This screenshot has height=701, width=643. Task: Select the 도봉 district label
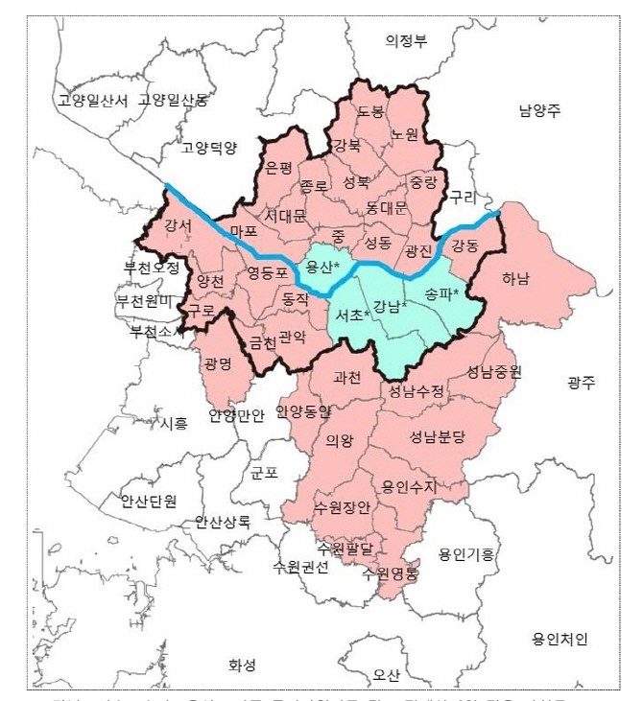[x=370, y=112]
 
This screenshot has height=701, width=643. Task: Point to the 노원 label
[x=404, y=135]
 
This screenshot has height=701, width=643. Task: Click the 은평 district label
[x=278, y=168]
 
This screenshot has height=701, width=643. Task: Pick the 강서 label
[x=178, y=226]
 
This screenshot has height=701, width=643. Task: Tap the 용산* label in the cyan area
[x=321, y=266]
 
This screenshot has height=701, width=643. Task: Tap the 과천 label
[x=346, y=378]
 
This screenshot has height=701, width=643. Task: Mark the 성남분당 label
[x=437, y=437]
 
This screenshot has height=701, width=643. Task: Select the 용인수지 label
[x=409, y=486]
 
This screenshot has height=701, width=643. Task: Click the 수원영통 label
[x=389, y=573]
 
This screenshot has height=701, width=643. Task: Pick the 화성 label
[x=243, y=664]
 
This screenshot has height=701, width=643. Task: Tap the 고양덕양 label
[x=208, y=147]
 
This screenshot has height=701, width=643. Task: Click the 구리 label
[x=463, y=196]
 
